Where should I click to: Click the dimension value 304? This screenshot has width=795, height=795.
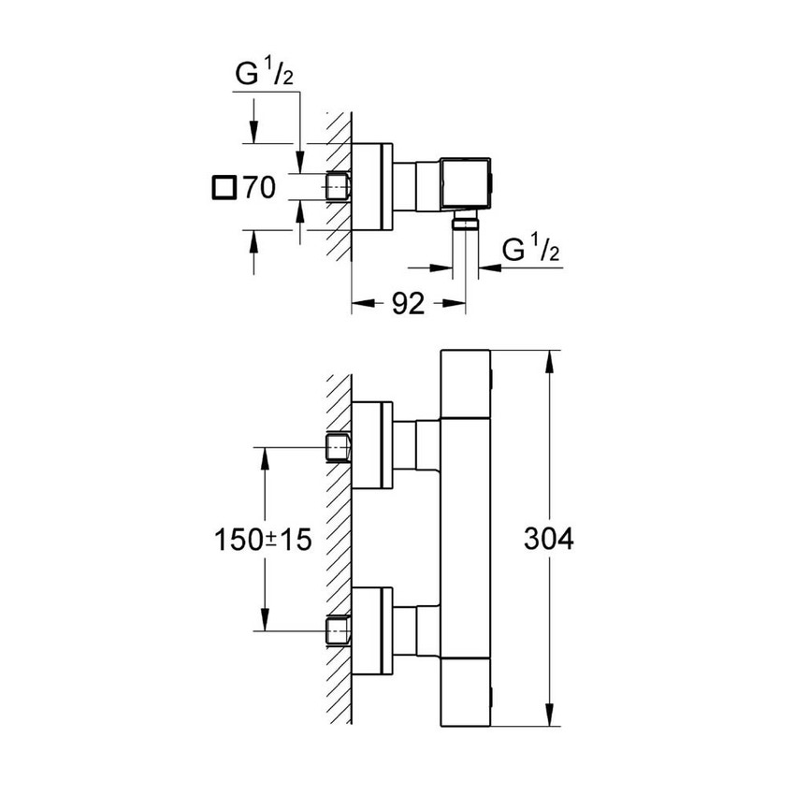[x=548, y=539]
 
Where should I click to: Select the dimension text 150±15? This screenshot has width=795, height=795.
[x=265, y=540]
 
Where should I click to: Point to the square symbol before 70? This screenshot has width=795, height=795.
[x=224, y=187]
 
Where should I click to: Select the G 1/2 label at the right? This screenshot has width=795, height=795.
[x=530, y=250]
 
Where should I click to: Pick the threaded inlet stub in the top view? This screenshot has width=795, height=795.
[x=338, y=187]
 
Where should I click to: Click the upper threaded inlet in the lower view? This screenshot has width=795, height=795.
[x=338, y=447]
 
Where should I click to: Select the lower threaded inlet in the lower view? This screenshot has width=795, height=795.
[x=338, y=629]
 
